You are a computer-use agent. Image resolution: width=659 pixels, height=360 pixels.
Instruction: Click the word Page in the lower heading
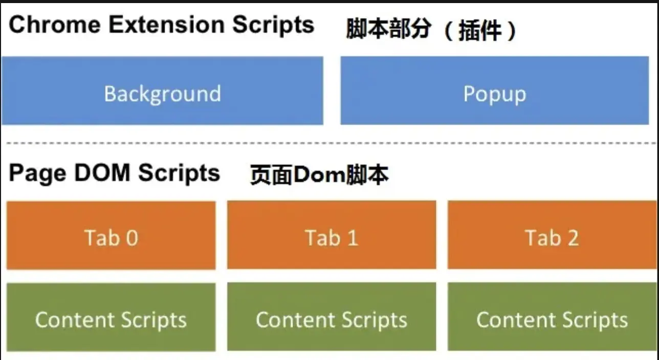pyautogui.click(x=37, y=173)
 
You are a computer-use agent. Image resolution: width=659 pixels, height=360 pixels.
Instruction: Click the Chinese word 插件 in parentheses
pyautogui.click(x=480, y=31)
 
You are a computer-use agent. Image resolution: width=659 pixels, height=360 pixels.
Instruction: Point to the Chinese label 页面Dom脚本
pyautogui.click(x=319, y=175)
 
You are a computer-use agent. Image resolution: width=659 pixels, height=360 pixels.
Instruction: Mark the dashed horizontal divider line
pyautogui.click(x=327, y=143)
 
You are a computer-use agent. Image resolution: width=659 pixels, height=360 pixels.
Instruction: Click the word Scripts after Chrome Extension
pyautogui.click(x=273, y=25)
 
